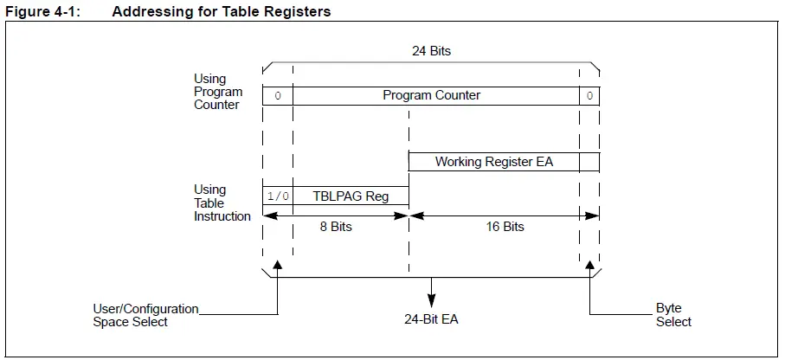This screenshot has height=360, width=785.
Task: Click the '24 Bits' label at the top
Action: (x=430, y=51)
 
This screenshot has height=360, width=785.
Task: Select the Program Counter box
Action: (x=431, y=96)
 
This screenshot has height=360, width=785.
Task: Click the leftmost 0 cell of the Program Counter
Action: (x=278, y=96)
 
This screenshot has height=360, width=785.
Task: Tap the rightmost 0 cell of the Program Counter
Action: (x=589, y=96)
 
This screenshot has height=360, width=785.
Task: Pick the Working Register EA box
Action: (x=494, y=162)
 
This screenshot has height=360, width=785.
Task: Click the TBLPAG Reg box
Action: (x=351, y=196)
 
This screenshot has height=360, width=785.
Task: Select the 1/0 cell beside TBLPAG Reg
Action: (x=278, y=196)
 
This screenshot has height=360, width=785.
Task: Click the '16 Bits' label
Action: (x=503, y=227)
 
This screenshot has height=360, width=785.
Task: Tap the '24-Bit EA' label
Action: (x=430, y=319)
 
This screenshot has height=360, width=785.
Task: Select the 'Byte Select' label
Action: (x=673, y=315)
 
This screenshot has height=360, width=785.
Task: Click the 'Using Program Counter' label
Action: (x=217, y=92)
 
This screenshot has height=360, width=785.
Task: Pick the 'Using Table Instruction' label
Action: (x=222, y=202)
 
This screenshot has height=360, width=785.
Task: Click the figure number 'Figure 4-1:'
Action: (x=42, y=12)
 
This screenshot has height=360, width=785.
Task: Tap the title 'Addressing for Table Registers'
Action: (x=221, y=12)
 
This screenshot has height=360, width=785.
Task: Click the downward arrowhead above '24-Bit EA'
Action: (x=431, y=300)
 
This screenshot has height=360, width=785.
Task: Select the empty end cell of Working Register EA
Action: (x=589, y=162)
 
